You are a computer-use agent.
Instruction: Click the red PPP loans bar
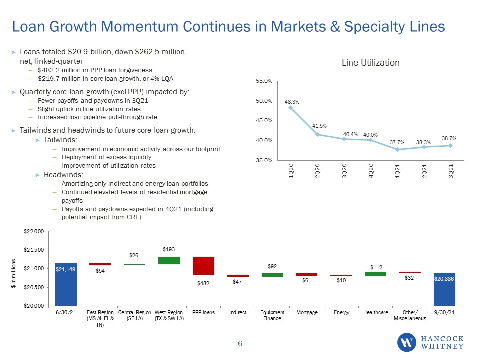(203, 265)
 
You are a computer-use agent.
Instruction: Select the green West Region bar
(169, 260)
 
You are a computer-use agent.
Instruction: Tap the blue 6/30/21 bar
(66, 284)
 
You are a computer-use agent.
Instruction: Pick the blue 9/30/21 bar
(444, 289)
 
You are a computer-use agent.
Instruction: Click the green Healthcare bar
(375, 274)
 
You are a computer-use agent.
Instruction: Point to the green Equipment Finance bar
(272, 275)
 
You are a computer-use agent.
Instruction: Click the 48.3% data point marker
(291, 108)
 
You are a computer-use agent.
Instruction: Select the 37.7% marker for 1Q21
(397, 149)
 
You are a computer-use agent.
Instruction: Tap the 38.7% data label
(449, 138)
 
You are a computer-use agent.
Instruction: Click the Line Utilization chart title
(370, 63)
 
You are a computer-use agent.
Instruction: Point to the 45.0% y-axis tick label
(264, 120)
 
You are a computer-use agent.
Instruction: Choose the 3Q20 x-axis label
(344, 171)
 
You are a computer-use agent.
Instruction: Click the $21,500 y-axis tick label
(34, 250)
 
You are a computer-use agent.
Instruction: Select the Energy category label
(341, 312)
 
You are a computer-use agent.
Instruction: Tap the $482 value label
(203, 283)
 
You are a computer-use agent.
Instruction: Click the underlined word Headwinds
(63, 175)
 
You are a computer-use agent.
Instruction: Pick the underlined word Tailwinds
(59, 140)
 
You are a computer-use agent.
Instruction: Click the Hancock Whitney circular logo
(407, 342)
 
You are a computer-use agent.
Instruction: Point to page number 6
(240, 344)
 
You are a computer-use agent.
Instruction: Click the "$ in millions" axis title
(13, 273)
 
